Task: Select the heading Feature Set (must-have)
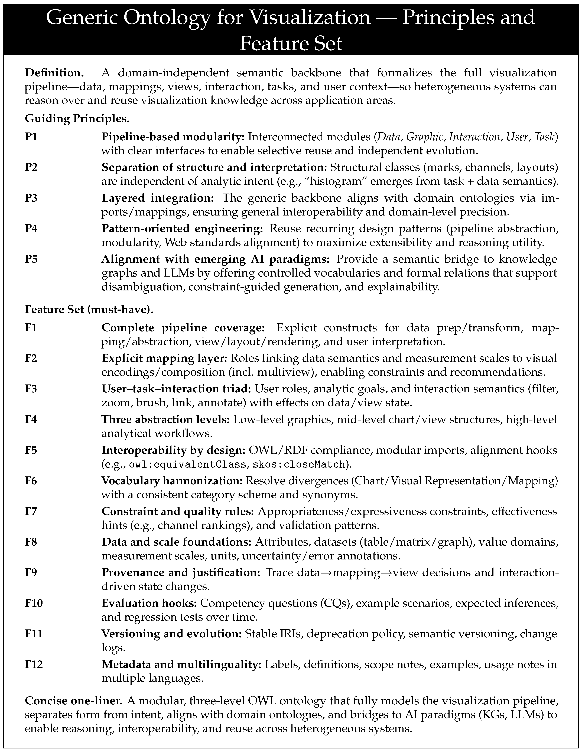(89, 309)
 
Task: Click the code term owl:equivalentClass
(187, 465)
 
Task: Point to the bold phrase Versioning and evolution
(172, 634)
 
